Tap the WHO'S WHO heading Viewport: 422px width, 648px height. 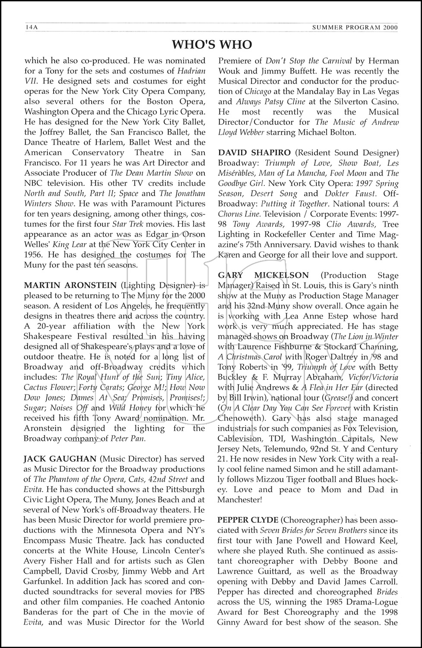pos(211,44)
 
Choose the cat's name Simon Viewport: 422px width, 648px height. pos(314,469)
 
